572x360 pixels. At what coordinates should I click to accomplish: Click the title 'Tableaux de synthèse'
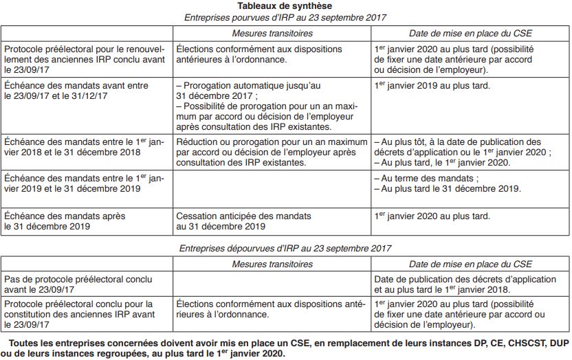tap(285, 5)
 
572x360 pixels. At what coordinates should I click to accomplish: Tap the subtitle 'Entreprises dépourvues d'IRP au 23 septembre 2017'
tap(285, 248)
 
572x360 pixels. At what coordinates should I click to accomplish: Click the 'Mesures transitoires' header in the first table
tap(272, 33)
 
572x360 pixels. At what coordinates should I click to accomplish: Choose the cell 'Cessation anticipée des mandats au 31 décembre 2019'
tap(220, 221)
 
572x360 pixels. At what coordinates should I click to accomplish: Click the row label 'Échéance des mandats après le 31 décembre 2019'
tap(65, 221)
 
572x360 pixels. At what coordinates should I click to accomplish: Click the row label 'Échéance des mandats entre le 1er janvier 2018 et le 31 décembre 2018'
tap(82, 147)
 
